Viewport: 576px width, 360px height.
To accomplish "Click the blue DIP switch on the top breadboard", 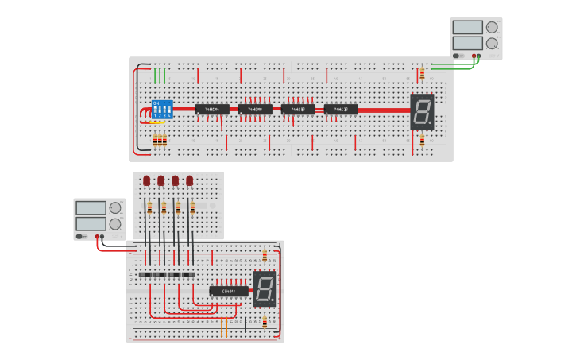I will coord(162,110).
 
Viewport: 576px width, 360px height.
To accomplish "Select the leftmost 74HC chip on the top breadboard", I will coord(212,109).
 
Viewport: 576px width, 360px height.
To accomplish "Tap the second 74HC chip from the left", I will coord(255,109).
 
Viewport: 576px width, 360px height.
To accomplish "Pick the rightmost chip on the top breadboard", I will coord(341,109).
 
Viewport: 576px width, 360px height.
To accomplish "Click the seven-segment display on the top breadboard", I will coord(422,111).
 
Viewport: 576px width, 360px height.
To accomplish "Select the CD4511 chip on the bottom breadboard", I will coord(229,291).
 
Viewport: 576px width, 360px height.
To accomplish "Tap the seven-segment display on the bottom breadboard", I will coord(265,288).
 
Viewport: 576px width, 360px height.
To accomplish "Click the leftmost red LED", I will coord(147,181).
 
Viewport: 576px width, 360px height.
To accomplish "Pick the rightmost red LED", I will coord(189,181).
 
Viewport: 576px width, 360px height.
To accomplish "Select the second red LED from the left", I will coord(161,181).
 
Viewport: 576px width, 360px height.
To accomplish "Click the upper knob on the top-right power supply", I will coord(492,27).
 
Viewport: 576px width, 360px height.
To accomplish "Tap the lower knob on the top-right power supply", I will coord(492,44).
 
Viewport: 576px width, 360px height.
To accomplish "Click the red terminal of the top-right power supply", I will coord(474,56).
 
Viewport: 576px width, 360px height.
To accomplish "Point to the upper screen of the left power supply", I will coord(91,207).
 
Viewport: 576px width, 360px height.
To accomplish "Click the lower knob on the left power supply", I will coord(115,224).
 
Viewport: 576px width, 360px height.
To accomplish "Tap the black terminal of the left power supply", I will coord(102,236).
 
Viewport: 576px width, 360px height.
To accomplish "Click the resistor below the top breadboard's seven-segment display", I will coord(422,141).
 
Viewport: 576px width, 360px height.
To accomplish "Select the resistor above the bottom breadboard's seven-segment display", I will coord(265,256).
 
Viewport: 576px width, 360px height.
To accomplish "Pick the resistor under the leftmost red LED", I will coord(149,209).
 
